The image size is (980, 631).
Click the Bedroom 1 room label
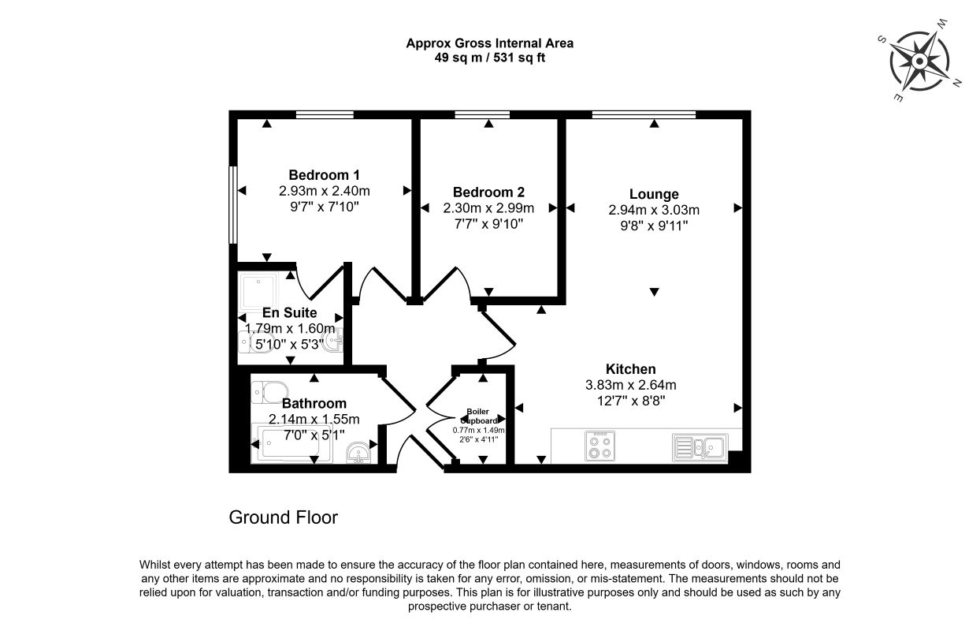click(x=325, y=175)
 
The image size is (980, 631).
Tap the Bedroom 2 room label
click(x=488, y=192)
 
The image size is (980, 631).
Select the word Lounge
click(x=654, y=194)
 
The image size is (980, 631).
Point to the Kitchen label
click(x=631, y=369)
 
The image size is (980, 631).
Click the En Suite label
click(x=290, y=312)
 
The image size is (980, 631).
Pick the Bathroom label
click(x=314, y=403)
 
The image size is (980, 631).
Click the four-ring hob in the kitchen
click(x=600, y=446)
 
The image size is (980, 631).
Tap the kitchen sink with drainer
click(x=700, y=447)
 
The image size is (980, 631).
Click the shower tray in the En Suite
click(x=258, y=291)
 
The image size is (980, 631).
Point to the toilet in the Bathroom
click(x=269, y=392)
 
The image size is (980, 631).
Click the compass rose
click(x=919, y=61)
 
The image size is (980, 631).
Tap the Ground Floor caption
click(x=284, y=517)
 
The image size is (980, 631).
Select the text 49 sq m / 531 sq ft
click(x=489, y=58)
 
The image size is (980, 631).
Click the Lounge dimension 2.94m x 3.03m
click(x=654, y=210)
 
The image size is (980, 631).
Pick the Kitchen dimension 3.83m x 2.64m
click(x=631, y=386)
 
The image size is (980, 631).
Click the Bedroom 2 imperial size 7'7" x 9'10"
click(x=488, y=224)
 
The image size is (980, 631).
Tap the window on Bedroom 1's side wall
click(x=233, y=205)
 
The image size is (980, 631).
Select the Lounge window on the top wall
click(x=644, y=114)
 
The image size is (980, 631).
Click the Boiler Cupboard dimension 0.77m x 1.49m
click(x=479, y=430)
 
